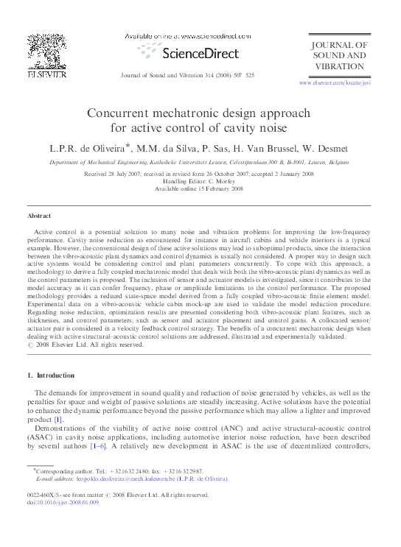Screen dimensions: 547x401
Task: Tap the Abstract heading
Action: point(39,216)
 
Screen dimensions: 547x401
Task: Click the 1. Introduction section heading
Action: point(51,375)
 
